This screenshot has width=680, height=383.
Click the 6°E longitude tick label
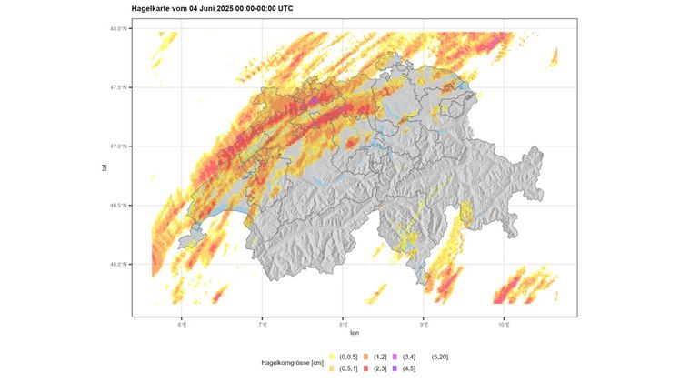pyautogui.click(x=182, y=324)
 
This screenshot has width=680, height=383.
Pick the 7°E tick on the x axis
pyautogui.click(x=263, y=324)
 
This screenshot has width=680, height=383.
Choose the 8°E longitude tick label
pyautogui.click(x=344, y=324)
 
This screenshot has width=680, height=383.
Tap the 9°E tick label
pyautogui.click(x=425, y=324)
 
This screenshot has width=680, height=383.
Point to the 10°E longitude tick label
pyautogui.click(x=505, y=324)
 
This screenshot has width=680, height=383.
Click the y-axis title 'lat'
pyautogui.click(x=105, y=167)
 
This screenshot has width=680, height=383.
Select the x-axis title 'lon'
pyautogui.click(x=355, y=333)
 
